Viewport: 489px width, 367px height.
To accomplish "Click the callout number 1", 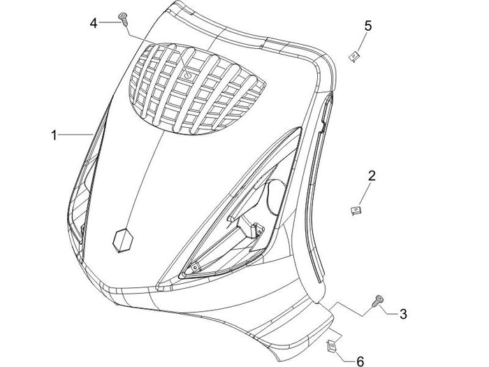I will [54, 135].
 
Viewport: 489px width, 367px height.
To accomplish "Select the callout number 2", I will [372, 175].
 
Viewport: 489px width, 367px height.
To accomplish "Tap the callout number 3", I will [403, 314].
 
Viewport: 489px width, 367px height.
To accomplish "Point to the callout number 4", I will [94, 23].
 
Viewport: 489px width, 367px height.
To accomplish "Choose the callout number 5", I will [368, 26].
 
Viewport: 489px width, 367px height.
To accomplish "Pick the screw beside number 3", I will [378, 301].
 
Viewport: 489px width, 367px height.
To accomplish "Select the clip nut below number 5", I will [356, 56].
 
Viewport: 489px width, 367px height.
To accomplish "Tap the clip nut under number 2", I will [355, 209].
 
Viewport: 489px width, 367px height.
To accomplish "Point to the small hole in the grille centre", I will [187, 73].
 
